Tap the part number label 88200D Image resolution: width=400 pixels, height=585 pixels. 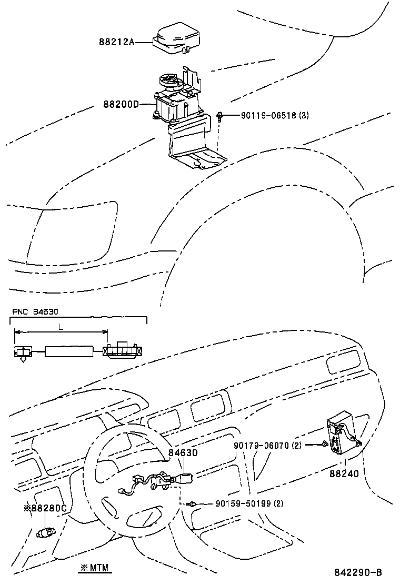[x=121, y=104]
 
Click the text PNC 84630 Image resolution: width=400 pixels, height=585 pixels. [x=33, y=311]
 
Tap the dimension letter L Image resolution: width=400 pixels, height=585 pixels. [x=61, y=327]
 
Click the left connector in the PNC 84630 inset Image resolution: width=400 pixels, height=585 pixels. [x=23, y=352]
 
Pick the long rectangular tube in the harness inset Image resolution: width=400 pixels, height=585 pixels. [x=71, y=351]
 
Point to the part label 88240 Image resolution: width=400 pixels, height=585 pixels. [x=344, y=473]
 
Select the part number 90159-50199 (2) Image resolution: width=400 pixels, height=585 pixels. [x=249, y=503]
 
